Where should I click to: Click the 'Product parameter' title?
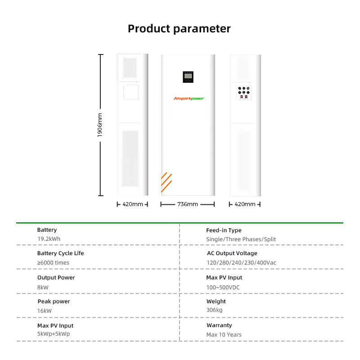click(x=179, y=29)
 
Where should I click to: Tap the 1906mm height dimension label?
click(x=99, y=125)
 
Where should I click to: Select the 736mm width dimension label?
click(x=188, y=204)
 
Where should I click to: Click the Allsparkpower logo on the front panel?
click(x=189, y=99)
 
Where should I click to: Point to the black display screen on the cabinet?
click(x=188, y=77)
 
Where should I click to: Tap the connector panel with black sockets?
click(x=244, y=93)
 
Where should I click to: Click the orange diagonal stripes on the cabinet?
click(x=166, y=182)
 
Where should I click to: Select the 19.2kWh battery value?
click(x=49, y=239)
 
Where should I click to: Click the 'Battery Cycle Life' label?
click(x=61, y=253)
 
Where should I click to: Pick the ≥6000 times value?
click(x=53, y=263)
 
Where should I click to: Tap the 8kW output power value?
click(x=43, y=288)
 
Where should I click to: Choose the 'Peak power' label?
click(x=54, y=301)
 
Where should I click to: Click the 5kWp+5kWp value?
click(x=54, y=334)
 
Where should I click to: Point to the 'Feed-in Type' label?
click(x=224, y=230)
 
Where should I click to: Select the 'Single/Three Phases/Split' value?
click(x=241, y=239)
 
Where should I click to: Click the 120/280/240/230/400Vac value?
click(x=241, y=263)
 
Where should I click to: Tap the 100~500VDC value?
click(x=223, y=288)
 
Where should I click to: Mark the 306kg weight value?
click(x=215, y=310)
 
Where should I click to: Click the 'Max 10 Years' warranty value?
click(x=224, y=335)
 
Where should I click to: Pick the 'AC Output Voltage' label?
click(x=232, y=253)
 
